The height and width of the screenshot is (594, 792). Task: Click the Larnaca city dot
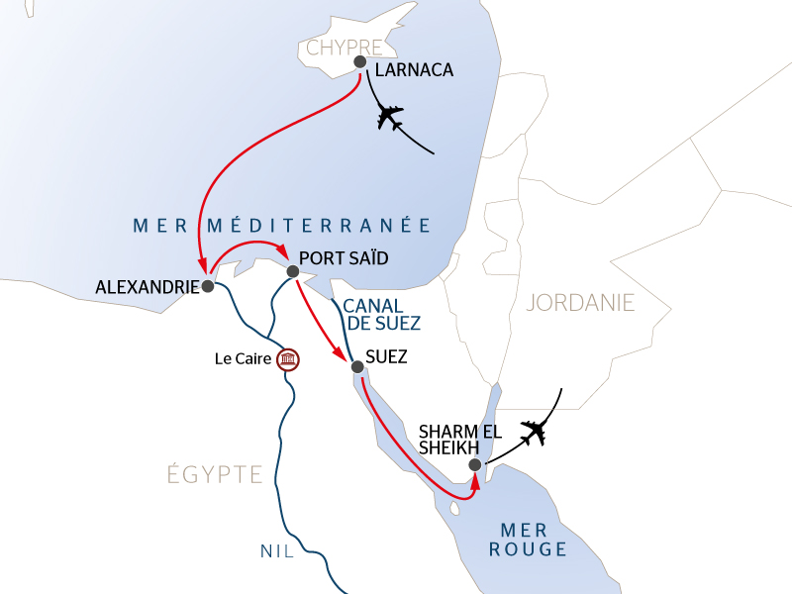(x=359, y=61)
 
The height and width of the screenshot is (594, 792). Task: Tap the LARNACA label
(x=414, y=70)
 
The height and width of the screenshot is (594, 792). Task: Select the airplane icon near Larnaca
(x=392, y=118)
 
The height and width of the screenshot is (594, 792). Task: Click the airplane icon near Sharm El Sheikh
(x=536, y=432)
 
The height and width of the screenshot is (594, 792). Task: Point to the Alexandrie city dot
(x=208, y=286)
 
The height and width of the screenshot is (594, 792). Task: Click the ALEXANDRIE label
(x=148, y=287)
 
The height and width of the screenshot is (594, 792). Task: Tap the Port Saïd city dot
(x=292, y=271)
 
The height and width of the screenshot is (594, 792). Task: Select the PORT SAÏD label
(x=344, y=259)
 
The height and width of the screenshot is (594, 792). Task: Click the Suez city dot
(x=358, y=367)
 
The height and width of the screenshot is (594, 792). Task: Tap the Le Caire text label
(x=243, y=358)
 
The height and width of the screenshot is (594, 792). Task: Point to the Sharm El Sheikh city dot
(x=475, y=464)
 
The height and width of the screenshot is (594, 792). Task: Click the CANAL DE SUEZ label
(x=383, y=314)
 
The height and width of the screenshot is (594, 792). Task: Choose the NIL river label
(x=278, y=551)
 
